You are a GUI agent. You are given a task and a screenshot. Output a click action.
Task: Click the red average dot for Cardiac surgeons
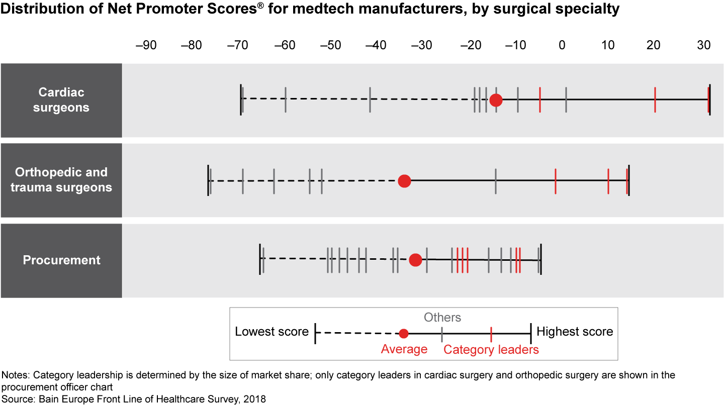point(496,100)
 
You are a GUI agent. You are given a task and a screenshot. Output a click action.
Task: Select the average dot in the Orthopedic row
point(404,181)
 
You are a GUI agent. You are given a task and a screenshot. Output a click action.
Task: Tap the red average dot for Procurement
point(415,260)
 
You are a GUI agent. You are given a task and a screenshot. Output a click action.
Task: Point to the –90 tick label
point(146,45)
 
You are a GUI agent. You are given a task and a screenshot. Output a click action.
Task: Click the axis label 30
point(703,45)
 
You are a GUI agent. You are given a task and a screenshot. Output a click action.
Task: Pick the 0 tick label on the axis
point(562,45)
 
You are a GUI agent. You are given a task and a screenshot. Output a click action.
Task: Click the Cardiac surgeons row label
point(61,100)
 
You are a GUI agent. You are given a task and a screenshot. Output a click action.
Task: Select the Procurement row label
point(61,260)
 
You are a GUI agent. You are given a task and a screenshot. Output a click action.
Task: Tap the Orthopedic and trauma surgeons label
point(61,180)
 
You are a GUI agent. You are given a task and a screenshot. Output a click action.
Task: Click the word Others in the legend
point(442,318)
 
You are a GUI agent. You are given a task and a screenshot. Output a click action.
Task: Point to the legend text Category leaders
point(491,350)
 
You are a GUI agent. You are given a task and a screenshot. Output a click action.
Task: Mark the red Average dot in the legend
point(403,333)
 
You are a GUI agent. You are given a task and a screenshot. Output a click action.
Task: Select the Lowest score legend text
point(271,332)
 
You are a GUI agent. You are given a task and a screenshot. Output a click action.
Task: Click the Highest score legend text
point(575,332)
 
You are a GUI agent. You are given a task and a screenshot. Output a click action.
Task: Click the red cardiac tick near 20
point(655,100)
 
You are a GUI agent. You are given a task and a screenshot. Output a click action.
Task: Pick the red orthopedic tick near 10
point(608,181)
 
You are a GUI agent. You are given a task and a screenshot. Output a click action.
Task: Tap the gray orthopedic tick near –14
point(496,181)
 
